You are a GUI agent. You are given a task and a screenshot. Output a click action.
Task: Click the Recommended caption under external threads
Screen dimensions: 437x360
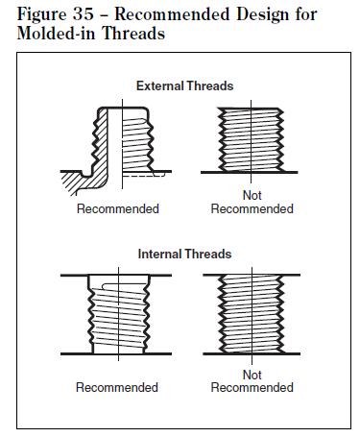click(118, 209)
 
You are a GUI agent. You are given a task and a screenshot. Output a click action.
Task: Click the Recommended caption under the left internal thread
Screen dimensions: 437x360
click(118, 387)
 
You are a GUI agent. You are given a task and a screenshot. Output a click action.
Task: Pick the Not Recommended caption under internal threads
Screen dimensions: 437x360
click(251, 381)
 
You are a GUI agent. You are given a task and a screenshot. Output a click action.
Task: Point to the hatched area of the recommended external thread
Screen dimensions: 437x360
click(76, 180)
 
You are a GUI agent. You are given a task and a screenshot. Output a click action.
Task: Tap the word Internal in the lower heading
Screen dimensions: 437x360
click(160, 255)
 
